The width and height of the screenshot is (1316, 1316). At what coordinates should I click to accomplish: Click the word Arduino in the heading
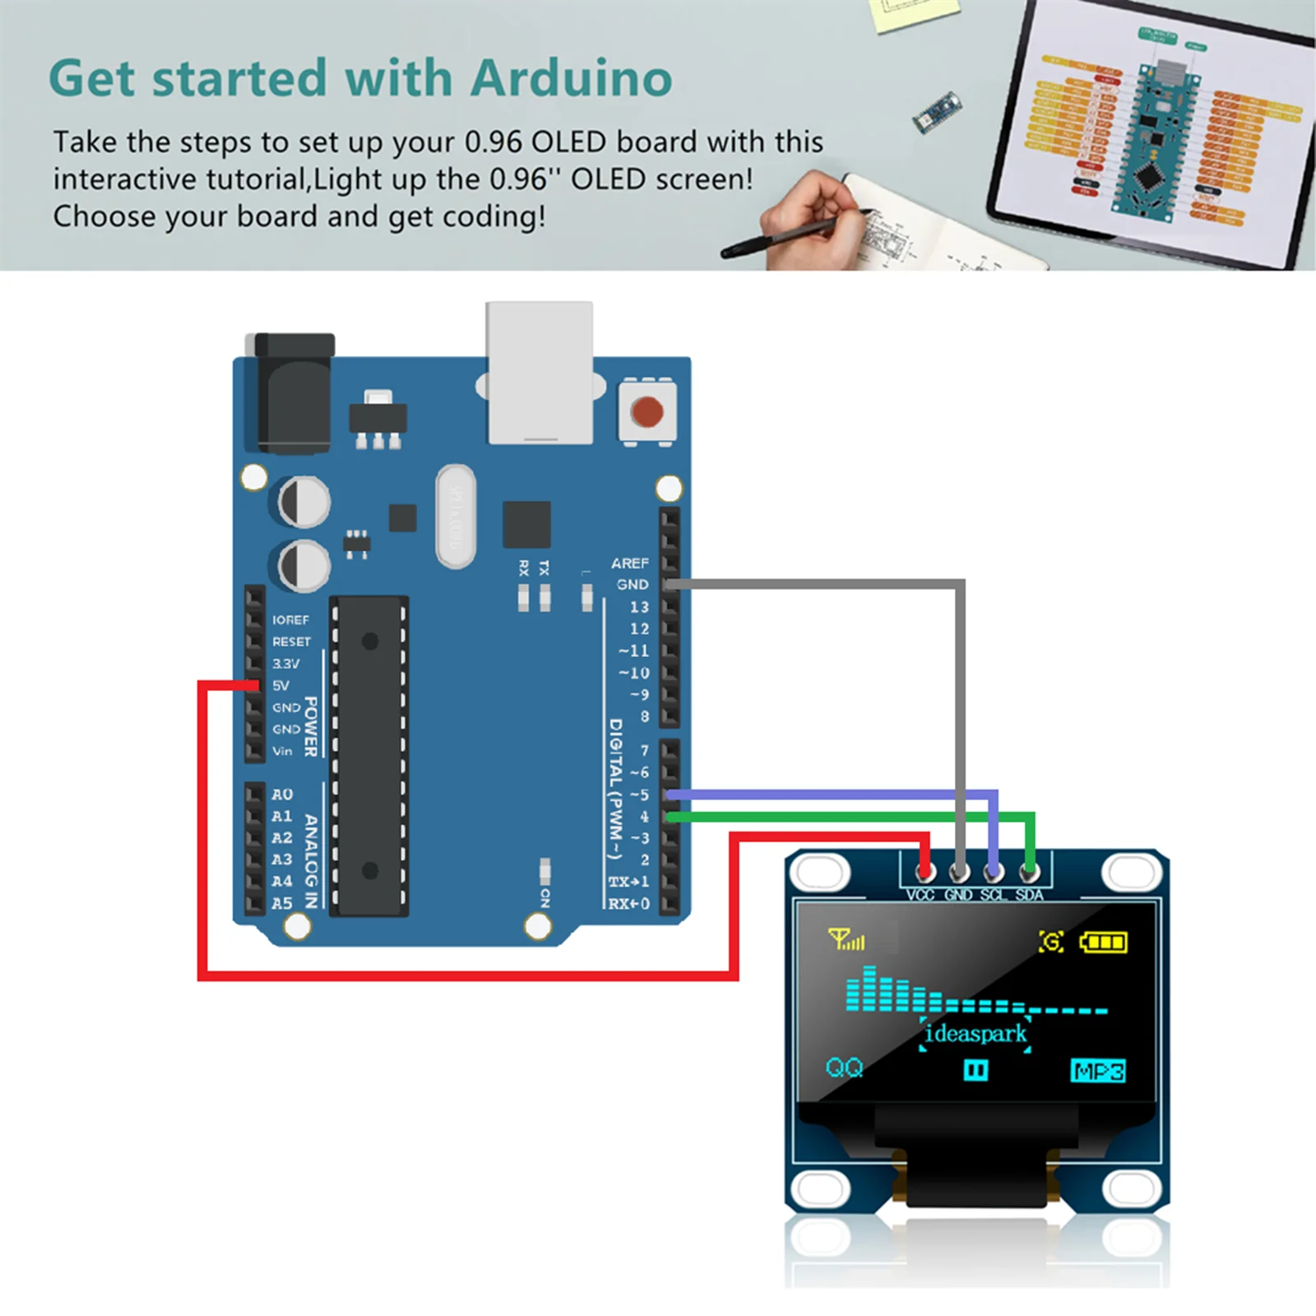pyautogui.click(x=571, y=79)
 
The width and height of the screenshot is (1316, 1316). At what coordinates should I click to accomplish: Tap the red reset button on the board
pyautogui.click(x=647, y=411)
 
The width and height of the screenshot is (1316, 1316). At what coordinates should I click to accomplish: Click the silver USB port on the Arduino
pyautogui.click(x=540, y=374)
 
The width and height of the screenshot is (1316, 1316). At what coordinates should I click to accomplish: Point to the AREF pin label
pyautogui.click(x=629, y=563)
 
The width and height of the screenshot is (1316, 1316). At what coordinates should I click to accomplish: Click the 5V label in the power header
pyautogui.click(x=281, y=685)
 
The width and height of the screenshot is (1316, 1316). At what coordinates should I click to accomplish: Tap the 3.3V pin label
pyautogui.click(x=286, y=663)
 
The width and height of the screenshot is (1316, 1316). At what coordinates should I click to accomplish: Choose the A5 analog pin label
pyautogui.click(x=282, y=903)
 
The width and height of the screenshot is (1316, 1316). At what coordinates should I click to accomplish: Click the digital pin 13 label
pyautogui.click(x=639, y=607)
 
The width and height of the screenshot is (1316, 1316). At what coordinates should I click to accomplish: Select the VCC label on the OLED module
pyautogui.click(x=920, y=895)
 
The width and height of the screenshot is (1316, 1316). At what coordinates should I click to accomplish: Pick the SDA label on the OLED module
pyautogui.click(x=1029, y=895)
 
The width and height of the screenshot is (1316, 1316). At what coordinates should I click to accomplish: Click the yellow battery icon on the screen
pyautogui.click(x=1103, y=942)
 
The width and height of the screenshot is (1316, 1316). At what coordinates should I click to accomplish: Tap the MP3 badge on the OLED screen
pyautogui.click(x=1098, y=1071)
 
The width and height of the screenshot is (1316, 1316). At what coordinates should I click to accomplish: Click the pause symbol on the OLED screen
pyautogui.click(x=975, y=1070)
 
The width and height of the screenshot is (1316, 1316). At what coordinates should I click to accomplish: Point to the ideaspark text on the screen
pyautogui.click(x=975, y=1034)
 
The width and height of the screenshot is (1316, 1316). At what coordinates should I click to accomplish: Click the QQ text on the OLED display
pyautogui.click(x=844, y=1068)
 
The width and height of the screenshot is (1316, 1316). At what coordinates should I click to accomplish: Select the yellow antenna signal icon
pyautogui.click(x=846, y=939)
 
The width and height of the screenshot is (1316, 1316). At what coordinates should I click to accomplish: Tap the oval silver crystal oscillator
pyautogui.click(x=456, y=517)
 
